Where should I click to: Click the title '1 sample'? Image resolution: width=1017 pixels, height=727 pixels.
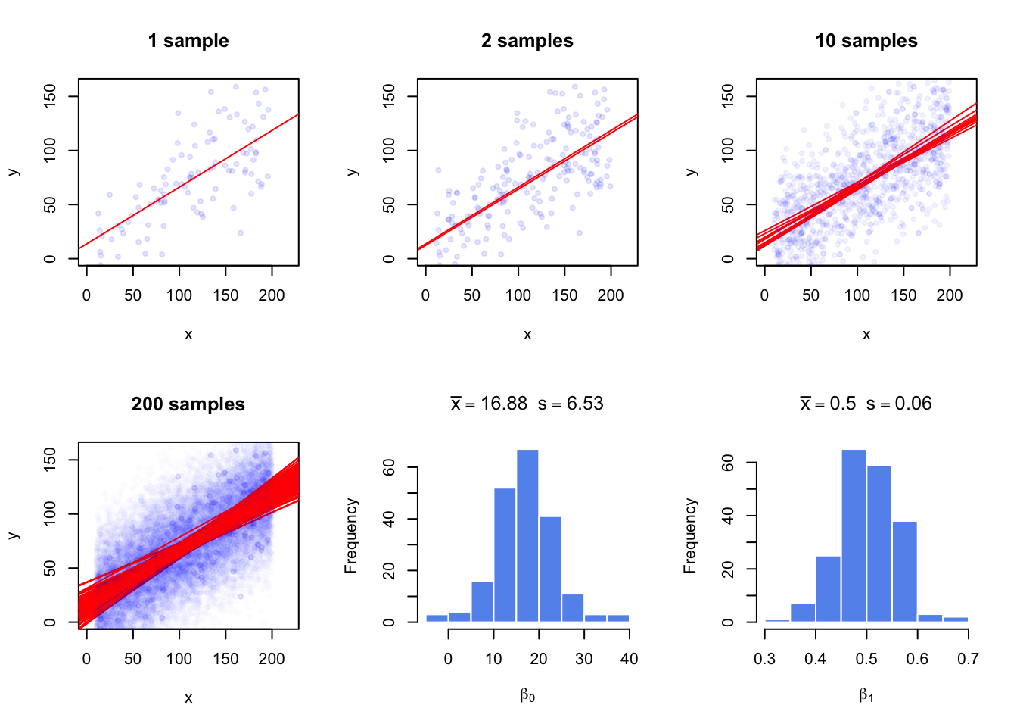tap(188, 41)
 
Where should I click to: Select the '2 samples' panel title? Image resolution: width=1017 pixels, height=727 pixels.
tap(527, 41)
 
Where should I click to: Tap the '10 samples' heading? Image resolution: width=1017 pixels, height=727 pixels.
tap(866, 41)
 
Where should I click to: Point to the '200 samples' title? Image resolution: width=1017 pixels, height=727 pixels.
tap(188, 404)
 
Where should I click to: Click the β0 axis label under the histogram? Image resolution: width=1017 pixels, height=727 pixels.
tap(527, 695)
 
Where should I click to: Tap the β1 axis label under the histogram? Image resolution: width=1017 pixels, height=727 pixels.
tap(866, 695)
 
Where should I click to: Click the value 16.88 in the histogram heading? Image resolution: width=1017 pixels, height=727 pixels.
tap(504, 404)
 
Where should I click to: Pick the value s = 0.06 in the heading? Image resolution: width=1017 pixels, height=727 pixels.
tap(899, 404)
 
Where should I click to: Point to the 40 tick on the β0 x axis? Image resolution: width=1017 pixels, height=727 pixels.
tap(629, 659)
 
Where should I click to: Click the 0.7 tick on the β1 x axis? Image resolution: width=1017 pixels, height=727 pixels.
tap(968, 659)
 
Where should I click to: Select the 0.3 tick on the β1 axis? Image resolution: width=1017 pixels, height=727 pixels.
tap(765, 659)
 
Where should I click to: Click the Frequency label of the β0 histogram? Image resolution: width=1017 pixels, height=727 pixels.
tap(350, 535)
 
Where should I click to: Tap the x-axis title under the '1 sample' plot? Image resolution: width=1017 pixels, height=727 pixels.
tap(188, 335)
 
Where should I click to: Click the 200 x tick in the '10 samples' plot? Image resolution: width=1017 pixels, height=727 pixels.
tap(950, 295)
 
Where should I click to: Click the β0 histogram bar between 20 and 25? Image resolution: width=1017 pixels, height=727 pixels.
tap(550, 569)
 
